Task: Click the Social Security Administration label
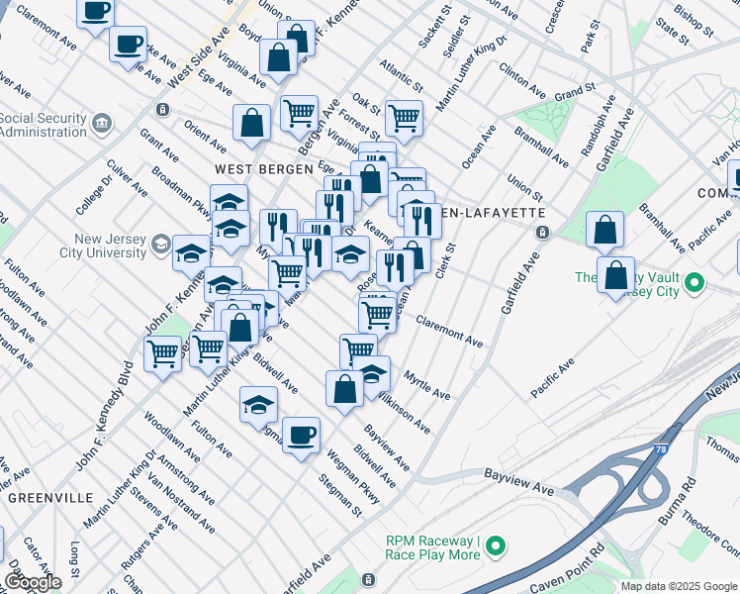44,126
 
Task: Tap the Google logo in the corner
33,582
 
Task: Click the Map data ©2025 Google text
679,586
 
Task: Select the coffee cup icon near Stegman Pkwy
301,434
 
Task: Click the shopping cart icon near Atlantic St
403,117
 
